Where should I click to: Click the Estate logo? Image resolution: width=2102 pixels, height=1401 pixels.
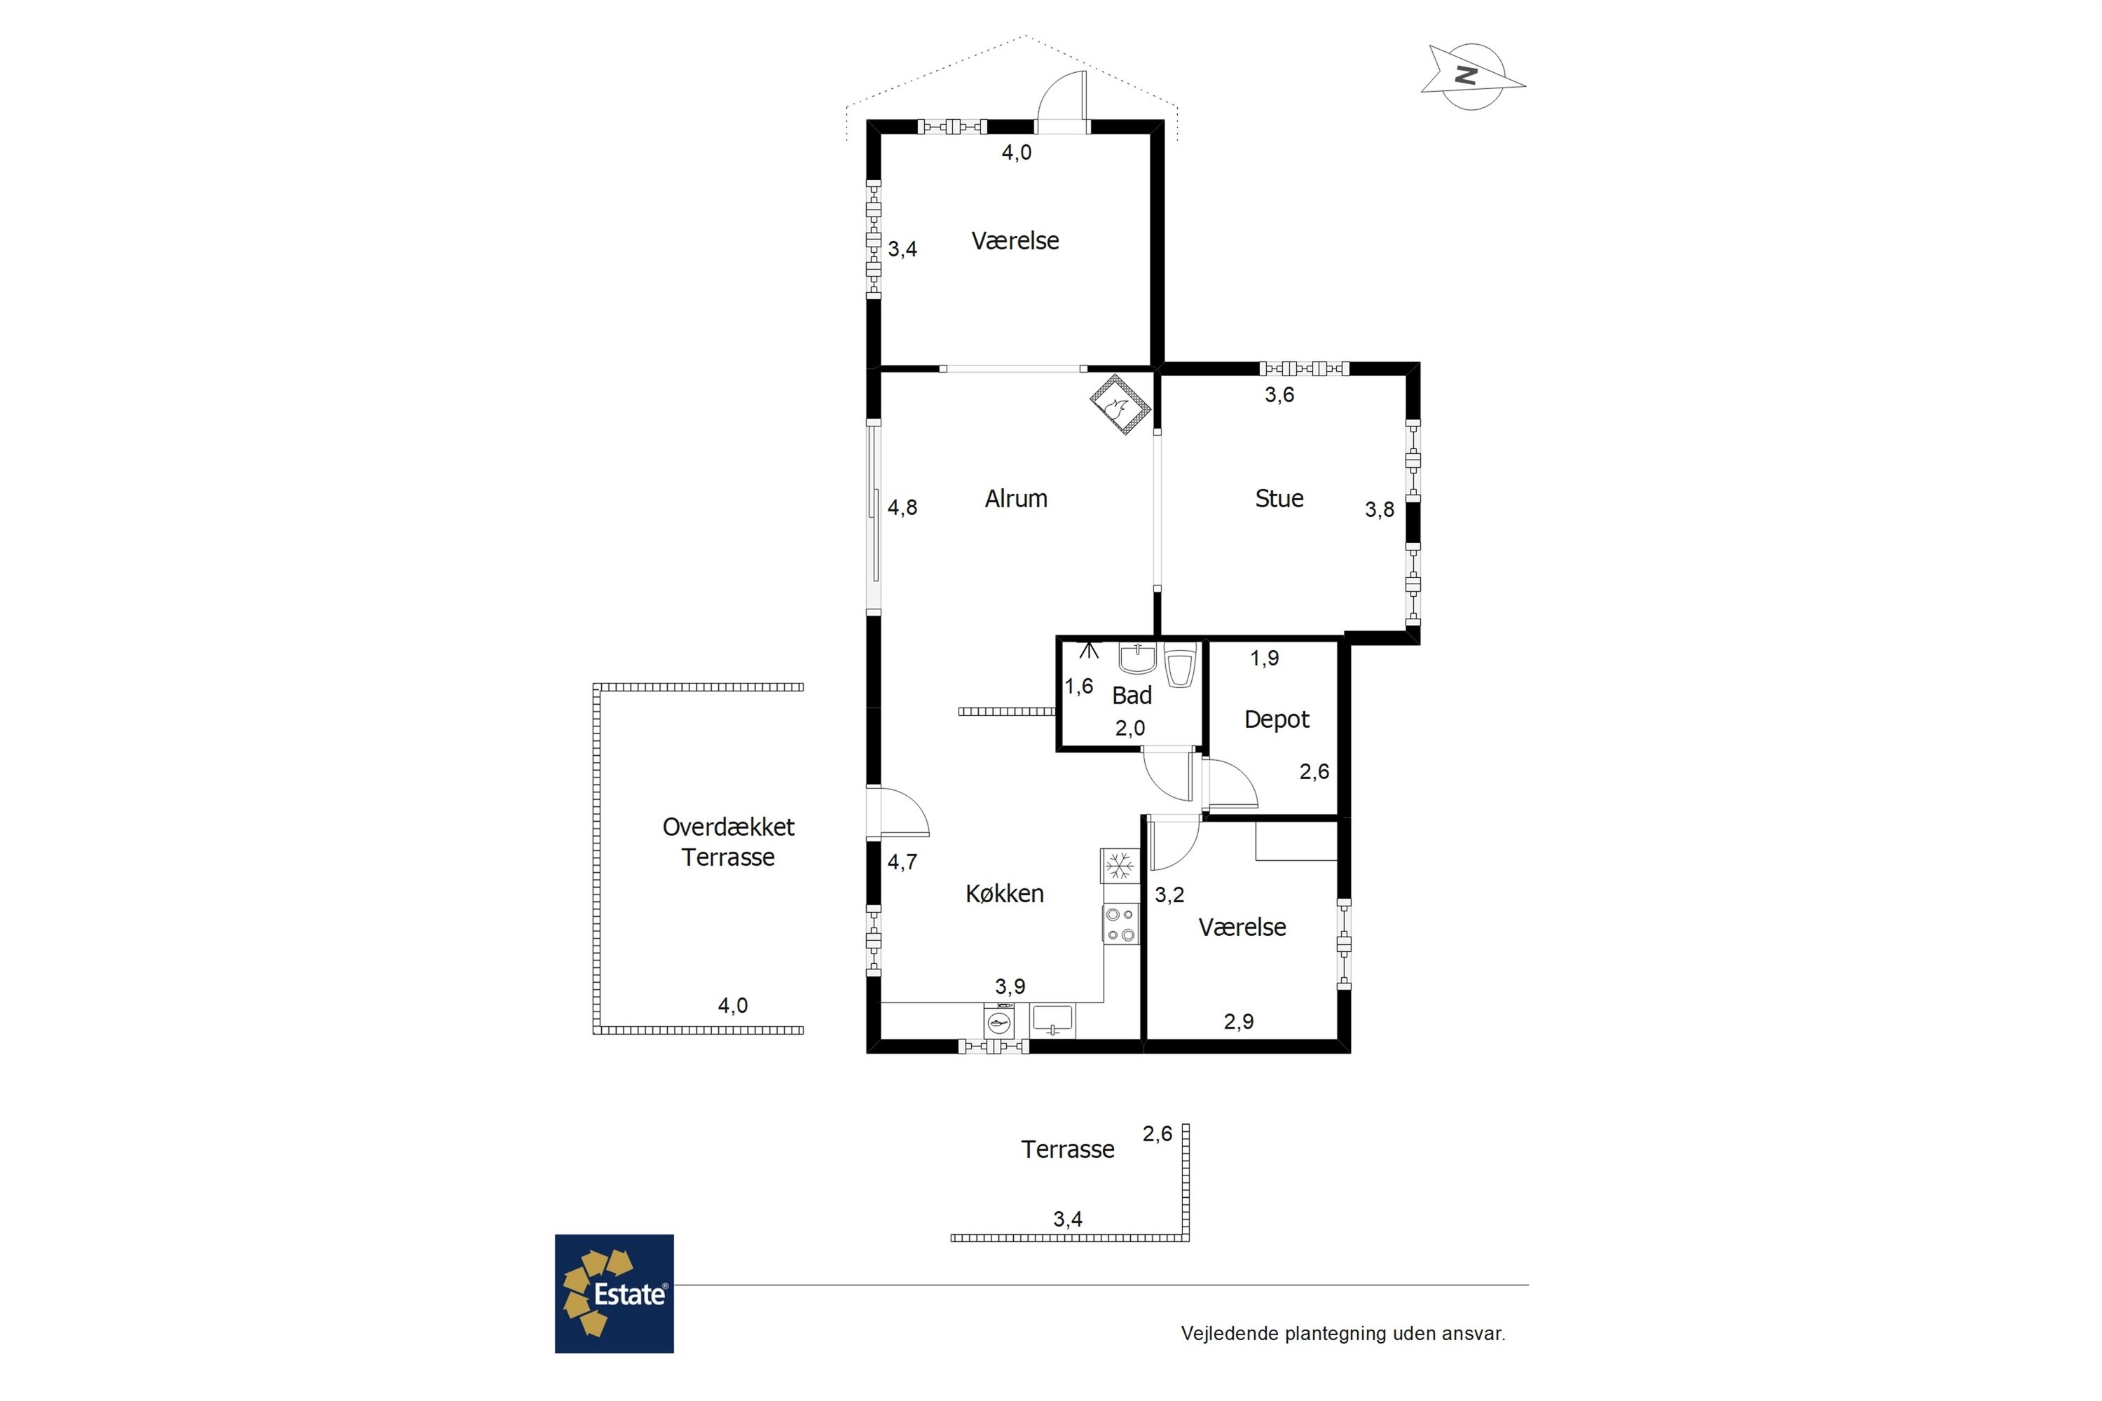[614, 1294]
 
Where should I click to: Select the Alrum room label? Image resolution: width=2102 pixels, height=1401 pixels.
[1016, 499]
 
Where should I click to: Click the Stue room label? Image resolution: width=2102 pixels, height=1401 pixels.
[1279, 499]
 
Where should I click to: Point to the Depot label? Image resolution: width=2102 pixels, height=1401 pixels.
[1276, 720]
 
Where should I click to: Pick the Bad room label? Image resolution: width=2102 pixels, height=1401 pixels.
[1132, 695]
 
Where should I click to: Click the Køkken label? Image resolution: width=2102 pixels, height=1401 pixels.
[1005, 894]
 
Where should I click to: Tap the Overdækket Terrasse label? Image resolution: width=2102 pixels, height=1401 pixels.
[729, 842]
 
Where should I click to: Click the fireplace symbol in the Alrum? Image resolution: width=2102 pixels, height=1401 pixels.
[1120, 405]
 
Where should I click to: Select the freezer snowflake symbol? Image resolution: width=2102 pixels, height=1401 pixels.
[1120, 865]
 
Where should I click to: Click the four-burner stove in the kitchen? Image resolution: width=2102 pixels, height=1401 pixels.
[1120, 925]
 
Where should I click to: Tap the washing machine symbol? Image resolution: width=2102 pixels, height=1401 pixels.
[999, 1021]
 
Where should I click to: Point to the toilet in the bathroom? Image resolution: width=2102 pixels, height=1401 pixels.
[1180, 664]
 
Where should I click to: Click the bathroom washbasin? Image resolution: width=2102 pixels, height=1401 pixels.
[1136, 658]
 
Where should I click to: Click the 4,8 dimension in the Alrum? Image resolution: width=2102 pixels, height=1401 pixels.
[902, 507]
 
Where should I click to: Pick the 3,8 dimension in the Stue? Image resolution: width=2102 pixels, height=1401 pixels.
[1379, 509]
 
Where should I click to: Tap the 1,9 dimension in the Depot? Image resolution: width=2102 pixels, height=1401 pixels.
[1265, 658]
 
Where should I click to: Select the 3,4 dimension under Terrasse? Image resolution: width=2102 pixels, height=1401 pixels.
[1068, 1220]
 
